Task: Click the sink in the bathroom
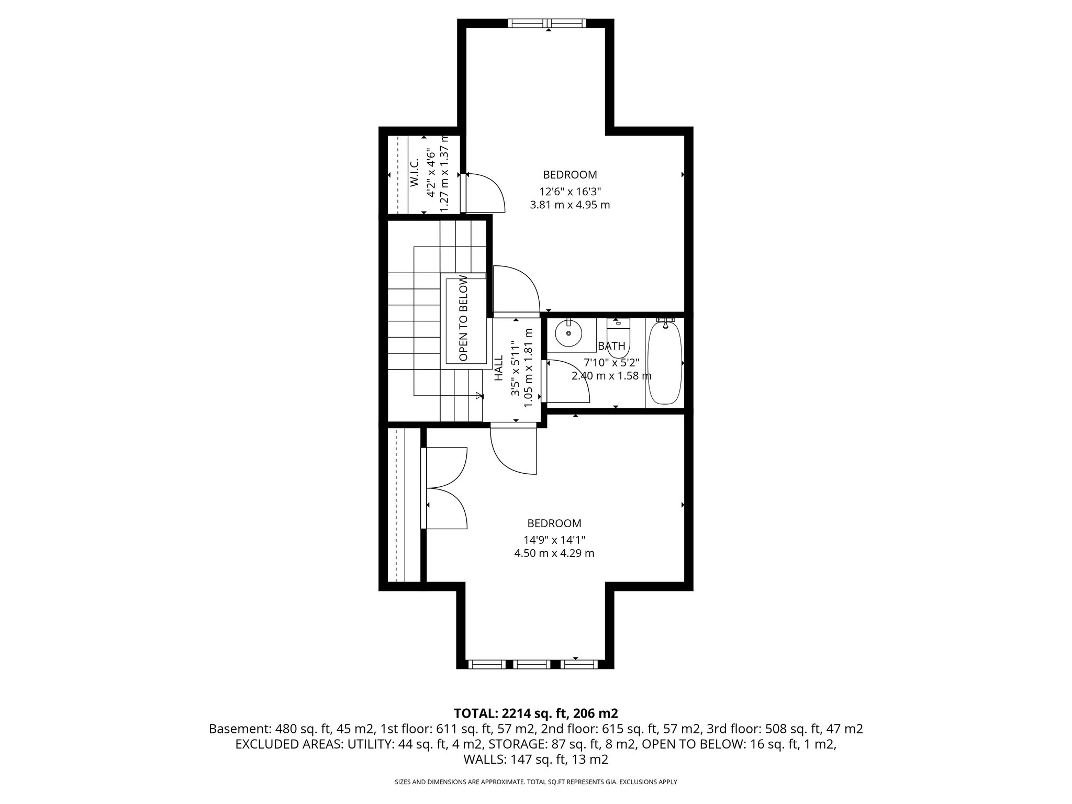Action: pyautogui.click(x=568, y=333)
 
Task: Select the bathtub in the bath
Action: pyautogui.click(x=665, y=363)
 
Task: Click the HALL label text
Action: pyautogui.click(x=498, y=368)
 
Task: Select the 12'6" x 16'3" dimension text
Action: pyautogui.click(x=570, y=191)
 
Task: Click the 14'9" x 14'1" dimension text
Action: pyautogui.click(x=554, y=539)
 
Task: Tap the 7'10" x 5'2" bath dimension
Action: pyautogui.click(x=611, y=362)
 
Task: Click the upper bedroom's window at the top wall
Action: pyautogui.click(x=547, y=23)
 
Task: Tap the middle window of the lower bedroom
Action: pyautogui.click(x=532, y=664)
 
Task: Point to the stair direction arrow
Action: pyautogui.click(x=478, y=396)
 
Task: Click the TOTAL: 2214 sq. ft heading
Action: pyautogui.click(x=536, y=713)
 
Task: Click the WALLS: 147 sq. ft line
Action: pyautogui.click(x=536, y=759)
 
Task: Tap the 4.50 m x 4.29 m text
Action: pyautogui.click(x=554, y=553)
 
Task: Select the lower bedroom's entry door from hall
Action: pyautogui.click(x=513, y=451)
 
